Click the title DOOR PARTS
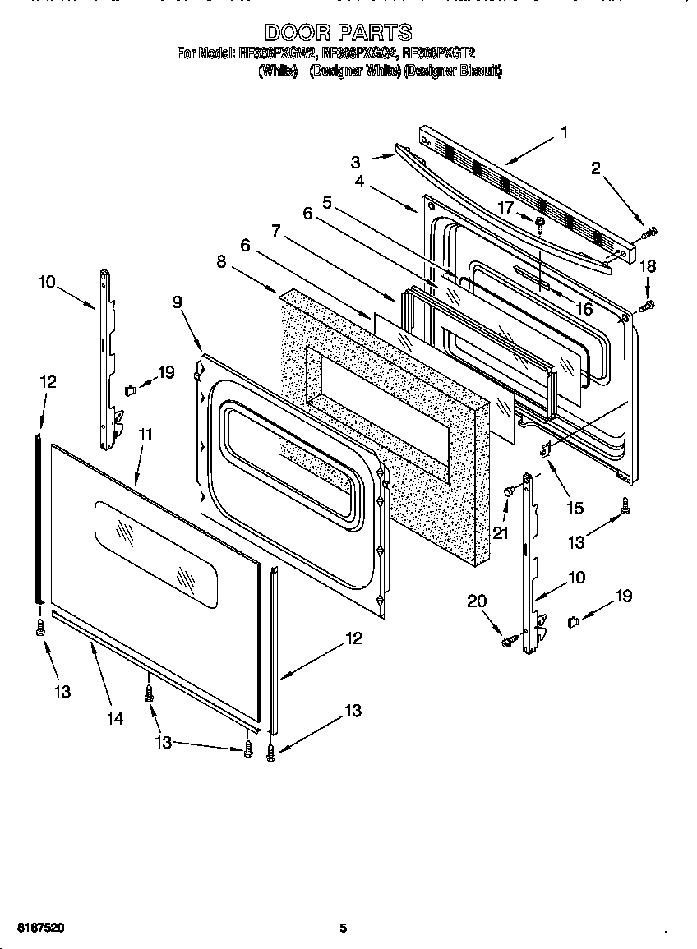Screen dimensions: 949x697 point(338,33)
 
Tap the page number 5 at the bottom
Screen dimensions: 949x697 point(344,928)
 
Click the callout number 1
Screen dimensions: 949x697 point(564,132)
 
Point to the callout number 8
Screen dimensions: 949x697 point(220,261)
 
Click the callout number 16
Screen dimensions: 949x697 point(584,309)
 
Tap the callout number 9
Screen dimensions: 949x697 point(177,302)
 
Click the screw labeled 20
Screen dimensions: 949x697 point(509,638)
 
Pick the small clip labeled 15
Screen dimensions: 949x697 point(543,449)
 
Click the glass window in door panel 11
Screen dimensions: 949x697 point(156,555)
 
